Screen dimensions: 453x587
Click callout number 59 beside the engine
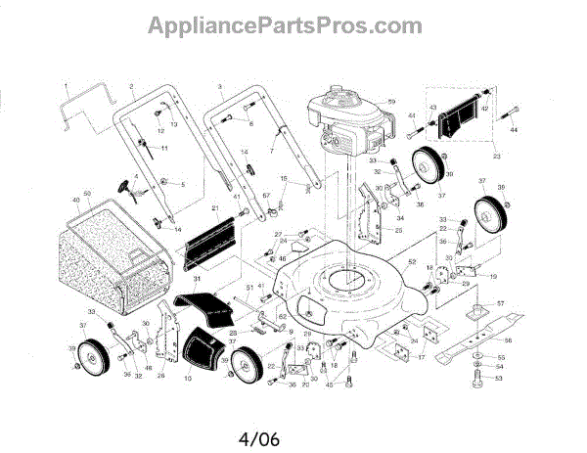pos(390,103)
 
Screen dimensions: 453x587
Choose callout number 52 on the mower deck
pos(412,261)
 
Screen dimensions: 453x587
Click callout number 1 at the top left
pos(66,86)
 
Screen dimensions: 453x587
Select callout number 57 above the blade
pos(502,304)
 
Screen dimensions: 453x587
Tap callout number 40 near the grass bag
pos(75,202)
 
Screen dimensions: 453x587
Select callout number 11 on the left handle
pos(164,148)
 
